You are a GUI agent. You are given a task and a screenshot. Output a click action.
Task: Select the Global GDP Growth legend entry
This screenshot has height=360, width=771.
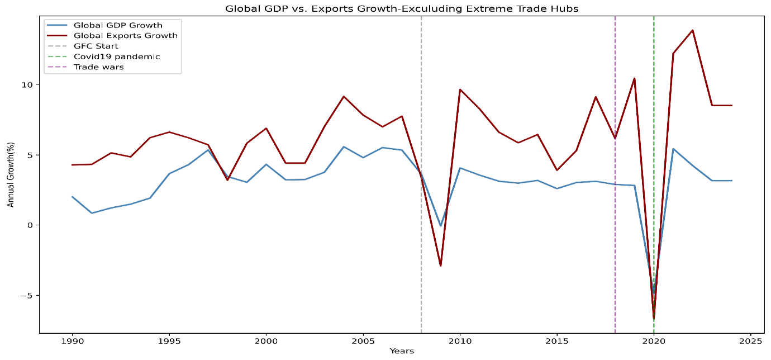click(x=118, y=25)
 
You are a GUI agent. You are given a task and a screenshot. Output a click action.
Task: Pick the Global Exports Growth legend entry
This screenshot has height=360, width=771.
click(x=125, y=36)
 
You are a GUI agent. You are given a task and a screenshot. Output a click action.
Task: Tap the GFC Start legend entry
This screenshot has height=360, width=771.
click(x=96, y=46)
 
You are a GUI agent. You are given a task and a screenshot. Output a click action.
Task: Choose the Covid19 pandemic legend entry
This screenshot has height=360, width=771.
click(x=117, y=56)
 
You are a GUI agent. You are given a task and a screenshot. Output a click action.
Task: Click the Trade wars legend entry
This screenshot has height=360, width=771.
click(x=98, y=67)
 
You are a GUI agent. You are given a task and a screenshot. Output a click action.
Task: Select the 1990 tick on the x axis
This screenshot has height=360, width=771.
click(x=72, y=340)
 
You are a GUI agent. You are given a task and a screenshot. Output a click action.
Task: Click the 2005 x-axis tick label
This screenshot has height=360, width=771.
click(x=363, y=340)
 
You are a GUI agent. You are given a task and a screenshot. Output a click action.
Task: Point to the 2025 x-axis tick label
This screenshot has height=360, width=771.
click(x=751, y=340)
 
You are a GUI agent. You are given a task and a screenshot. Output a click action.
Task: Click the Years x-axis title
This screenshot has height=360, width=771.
click(x=402, y=351)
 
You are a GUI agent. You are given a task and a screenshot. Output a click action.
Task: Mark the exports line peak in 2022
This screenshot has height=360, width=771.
click(x=693, y=30)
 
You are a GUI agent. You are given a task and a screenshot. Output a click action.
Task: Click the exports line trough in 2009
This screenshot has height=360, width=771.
click(x=440, y=266)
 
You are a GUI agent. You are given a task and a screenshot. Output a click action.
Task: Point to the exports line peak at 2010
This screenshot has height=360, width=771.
click(x=460, y=89)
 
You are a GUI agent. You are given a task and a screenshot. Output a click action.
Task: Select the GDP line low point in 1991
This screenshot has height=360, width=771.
click(x=92, y=213)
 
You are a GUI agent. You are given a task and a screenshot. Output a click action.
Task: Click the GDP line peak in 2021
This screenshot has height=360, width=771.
click(x=673, y=149)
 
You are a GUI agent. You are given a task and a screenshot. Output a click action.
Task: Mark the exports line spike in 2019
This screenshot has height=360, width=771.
click(x=634, y=78)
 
